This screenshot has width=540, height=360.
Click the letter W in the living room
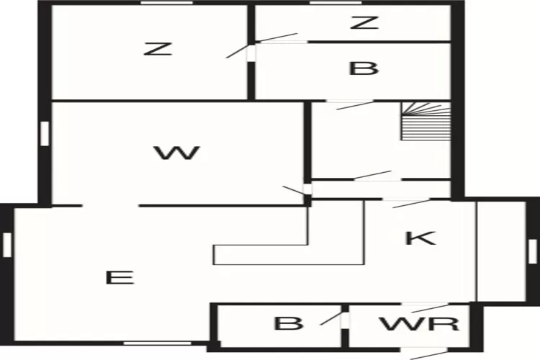[x=176, y=153]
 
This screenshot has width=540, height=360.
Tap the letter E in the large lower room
[x=120, y=277]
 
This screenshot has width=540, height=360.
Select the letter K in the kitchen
[x=420, y=238]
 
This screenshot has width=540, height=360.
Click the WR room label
[x=430, y=323]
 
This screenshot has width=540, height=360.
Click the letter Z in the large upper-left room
[x=158, y=49]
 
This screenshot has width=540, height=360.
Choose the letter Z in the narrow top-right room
[x=364, y=22]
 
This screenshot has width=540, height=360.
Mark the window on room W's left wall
[x=45, y=132]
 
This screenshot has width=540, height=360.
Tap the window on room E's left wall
[x=6, y=244]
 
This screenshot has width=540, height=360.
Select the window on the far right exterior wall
[x=533, y=251]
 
